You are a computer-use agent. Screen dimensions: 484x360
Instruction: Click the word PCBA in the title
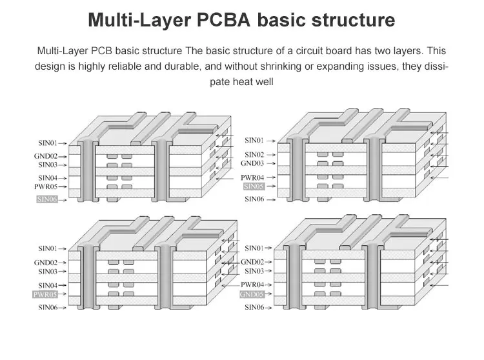click(223, 20)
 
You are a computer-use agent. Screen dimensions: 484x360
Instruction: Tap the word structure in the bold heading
click(353, 20)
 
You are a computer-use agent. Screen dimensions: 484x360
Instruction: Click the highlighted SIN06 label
click(47, 199)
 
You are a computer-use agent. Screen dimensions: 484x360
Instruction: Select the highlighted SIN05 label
click(254, 186)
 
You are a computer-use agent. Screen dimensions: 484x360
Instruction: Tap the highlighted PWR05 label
click(45, 294)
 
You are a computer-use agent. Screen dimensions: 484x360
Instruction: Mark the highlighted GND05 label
click(252, 294)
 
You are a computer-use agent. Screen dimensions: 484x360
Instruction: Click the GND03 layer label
click(252, 163)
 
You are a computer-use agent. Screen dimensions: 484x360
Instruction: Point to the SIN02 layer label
click(254, 155)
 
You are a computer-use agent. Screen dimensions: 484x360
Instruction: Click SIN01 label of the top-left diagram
click(48, 143)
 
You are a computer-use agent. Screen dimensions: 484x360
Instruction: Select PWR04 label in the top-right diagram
click(252, 177)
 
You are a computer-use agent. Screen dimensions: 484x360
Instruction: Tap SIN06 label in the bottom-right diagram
click(254, 307)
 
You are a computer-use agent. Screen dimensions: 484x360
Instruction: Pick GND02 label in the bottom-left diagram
click(46, 263)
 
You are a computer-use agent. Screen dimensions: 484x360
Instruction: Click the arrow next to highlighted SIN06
click(63, 200)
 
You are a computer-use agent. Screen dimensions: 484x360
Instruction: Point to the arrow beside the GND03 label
click(271, 163)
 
